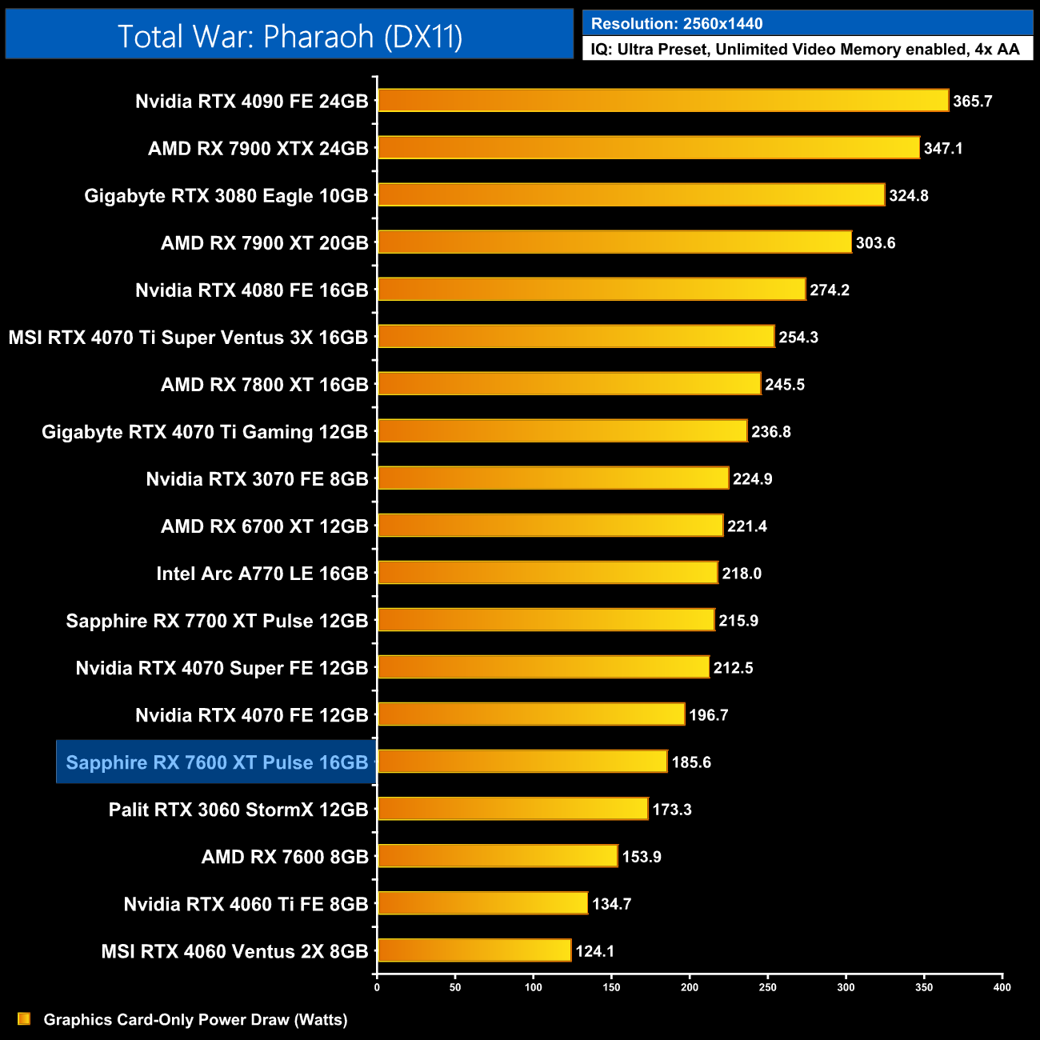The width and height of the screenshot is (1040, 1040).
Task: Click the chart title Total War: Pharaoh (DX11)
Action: pos(290,37)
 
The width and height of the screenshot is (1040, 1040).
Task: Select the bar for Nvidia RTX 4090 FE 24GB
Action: pos(662,101)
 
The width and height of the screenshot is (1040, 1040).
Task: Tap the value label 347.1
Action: pos(943,149)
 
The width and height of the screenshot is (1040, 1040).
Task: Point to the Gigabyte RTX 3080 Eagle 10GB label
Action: pos(226,196)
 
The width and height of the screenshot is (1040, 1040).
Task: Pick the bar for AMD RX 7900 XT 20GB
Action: pos(614,242)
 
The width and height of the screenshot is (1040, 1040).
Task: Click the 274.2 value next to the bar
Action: pos(830,290)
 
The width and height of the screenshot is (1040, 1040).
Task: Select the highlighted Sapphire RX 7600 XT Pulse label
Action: pos(217,762)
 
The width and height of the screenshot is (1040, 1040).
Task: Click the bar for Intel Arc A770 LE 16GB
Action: pos(547,573)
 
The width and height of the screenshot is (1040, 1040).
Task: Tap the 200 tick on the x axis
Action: pos(690,987)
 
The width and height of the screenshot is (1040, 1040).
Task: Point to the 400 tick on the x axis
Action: pos(1002,987)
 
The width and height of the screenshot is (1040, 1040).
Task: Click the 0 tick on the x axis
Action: pos(377,987)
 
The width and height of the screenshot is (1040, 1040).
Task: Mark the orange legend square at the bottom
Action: pos(24,1019)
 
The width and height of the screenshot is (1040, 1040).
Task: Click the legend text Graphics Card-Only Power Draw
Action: pos(195,1020)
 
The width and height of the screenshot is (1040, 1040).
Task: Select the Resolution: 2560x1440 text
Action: pos(677,24)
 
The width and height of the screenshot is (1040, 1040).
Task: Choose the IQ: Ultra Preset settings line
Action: pos(805,50)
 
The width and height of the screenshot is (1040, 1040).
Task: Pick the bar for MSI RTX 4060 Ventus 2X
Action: pos(474,950)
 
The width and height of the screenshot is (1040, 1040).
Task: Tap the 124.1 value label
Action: pos(595,951)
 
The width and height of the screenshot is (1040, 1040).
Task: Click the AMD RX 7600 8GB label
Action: pos(285,857)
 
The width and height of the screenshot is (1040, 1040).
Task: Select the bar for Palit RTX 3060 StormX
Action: pos(512,809)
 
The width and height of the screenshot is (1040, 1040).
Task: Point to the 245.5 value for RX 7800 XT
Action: pos(785,385)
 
